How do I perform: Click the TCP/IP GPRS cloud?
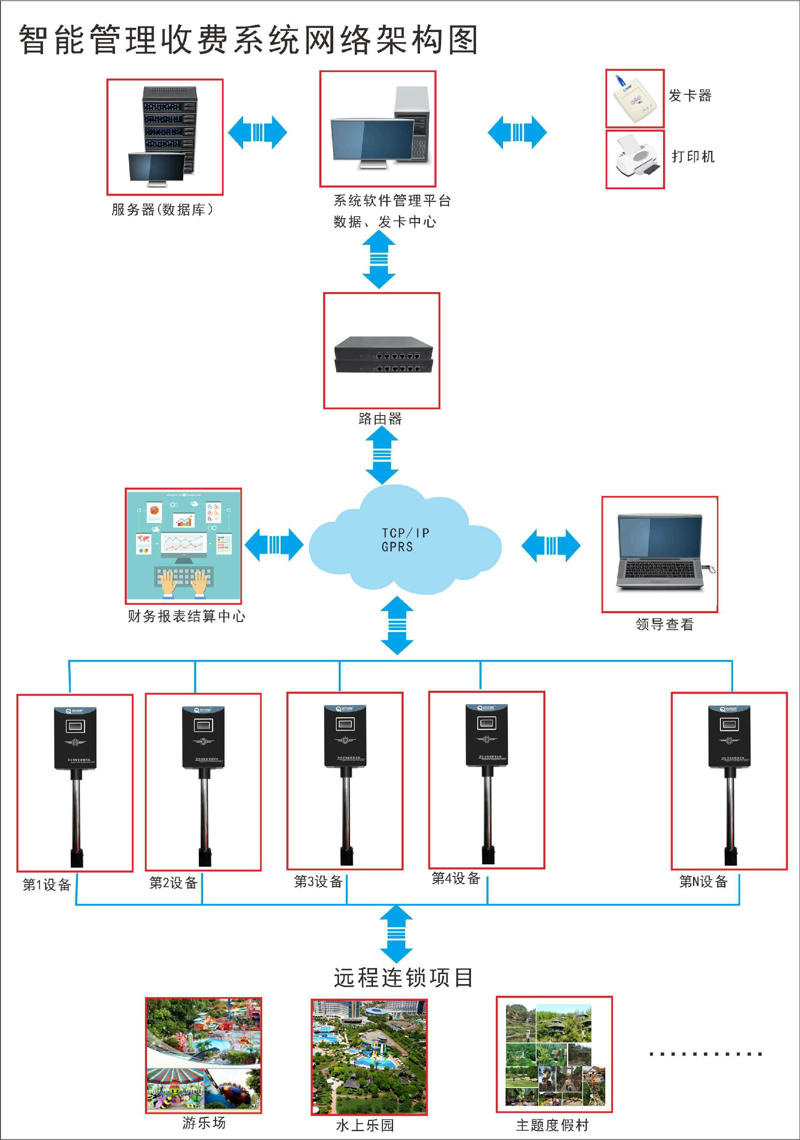[404, 541]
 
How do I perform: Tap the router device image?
[383, 354]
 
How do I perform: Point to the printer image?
[635, 159]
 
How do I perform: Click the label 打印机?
[693, 157]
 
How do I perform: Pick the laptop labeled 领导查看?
[660, 554]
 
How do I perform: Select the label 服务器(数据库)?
[162, 209]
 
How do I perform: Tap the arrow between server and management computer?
[257, 133]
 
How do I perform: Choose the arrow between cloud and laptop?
[551, 546]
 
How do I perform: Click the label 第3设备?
[318, 882]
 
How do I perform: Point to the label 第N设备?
[703, 882]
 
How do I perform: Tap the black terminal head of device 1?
[75, 738]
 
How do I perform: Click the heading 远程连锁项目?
[403, 977]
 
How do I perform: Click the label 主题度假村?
[552, 1125]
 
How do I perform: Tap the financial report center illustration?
[183, 546]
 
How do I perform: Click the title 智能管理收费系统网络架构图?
[248, 40]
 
